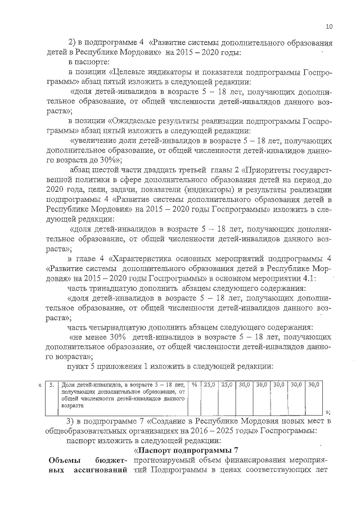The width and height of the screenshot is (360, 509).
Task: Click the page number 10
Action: pos(329,26)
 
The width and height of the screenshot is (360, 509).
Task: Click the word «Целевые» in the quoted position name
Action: pos(128,72)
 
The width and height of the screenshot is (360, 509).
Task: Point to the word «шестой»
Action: pos(109,170)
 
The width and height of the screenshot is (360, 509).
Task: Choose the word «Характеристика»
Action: pos(142,259)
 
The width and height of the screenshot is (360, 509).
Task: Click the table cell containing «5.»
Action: pos(51,385)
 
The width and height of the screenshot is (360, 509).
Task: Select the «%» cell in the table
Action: pos(193,385)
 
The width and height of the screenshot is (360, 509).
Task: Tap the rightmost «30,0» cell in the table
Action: pos(313,385)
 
